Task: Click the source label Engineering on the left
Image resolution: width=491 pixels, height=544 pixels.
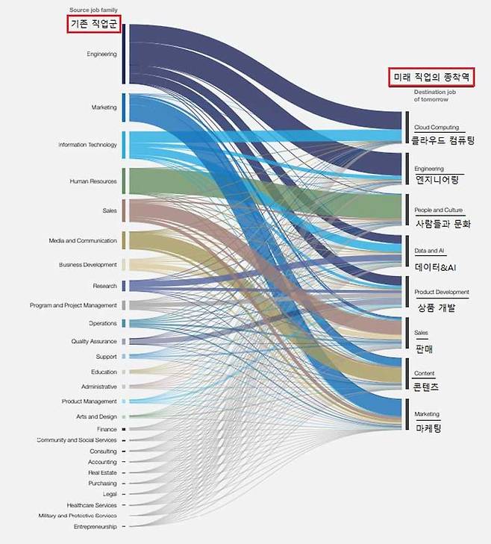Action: pyautogui.click(x=101, y=54)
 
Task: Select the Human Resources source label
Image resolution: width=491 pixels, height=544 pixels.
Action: pyautogui.click(x=93, y=181)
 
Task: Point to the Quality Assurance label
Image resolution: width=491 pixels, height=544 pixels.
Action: pyautogui.click(x=93, y=341)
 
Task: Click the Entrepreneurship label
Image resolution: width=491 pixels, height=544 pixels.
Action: pyautogui.click(x=95, y=527)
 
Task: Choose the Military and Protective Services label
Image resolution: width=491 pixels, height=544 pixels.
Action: pyautogui.click(x=78, y=516)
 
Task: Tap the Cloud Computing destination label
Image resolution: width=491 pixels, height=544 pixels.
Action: pyautogui.click(x=437, y=128)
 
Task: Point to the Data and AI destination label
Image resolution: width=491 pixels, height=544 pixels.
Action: pyautogui.click(x=430, y=251)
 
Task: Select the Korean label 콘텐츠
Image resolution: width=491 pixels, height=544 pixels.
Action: pyautogui.click(x=426, y=387)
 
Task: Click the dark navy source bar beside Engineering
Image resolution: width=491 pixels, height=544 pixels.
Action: pyautogui.click(x=123, y=54)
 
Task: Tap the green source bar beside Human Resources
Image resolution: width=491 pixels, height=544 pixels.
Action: pyautogui.click(x=124, y=181)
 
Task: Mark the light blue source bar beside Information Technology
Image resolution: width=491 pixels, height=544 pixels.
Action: pyautogui.click(x=124, y=144)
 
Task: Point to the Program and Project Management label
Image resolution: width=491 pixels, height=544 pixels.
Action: pyautogui.click(x=73, y=305)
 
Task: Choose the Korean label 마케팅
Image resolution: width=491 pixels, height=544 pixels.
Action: pyautogui.click(x=428, y=428)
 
